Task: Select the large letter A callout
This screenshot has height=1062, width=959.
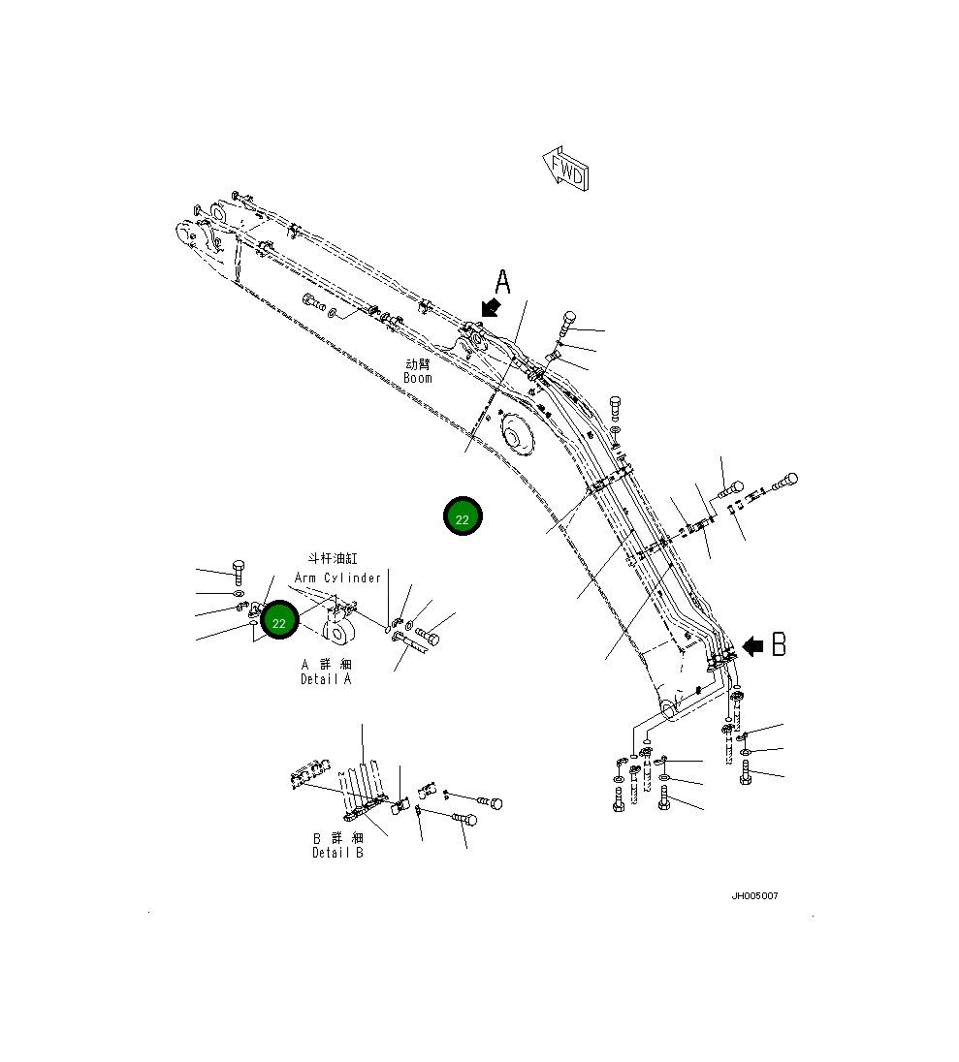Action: click(502, 282)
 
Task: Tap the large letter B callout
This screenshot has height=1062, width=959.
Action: click(779, 645)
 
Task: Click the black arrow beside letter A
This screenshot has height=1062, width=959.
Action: click(491, 307)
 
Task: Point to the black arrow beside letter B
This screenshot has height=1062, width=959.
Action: click(751, 646)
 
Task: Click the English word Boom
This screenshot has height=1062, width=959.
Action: click(418, 378)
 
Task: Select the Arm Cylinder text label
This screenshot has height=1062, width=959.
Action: click(337, 578)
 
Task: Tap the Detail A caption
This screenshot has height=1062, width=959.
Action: click(326, 679)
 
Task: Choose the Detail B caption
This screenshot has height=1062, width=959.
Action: click(337, 853)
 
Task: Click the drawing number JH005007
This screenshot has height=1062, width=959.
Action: click(754, 895)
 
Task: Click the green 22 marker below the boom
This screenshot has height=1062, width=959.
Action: click(463, 517)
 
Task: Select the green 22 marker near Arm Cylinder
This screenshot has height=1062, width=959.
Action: click(279, 621)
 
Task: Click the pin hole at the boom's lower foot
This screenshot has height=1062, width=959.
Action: click(668, 710)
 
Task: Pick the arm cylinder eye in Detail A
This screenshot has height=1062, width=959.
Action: click(340, 635)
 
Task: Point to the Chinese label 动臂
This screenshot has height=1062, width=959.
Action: click(418, 363)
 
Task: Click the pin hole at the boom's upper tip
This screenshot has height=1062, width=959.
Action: click(185, 234)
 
